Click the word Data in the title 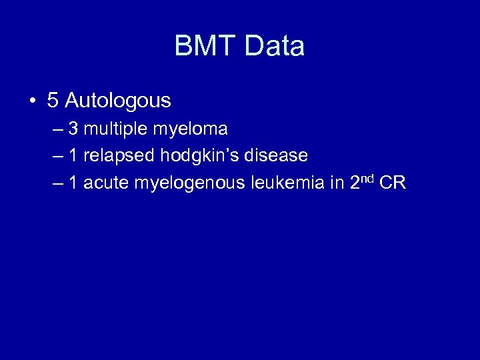(275, 46)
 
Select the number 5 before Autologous (53, 101)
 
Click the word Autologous (118, 101)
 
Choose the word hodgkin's (202, 156)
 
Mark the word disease (278, 155)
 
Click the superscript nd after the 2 (367, 178)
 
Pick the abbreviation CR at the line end (393, 183)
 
